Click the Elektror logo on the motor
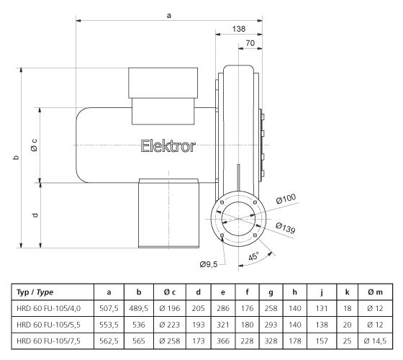(x=167, y=146)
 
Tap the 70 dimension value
(x=250, y=44)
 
